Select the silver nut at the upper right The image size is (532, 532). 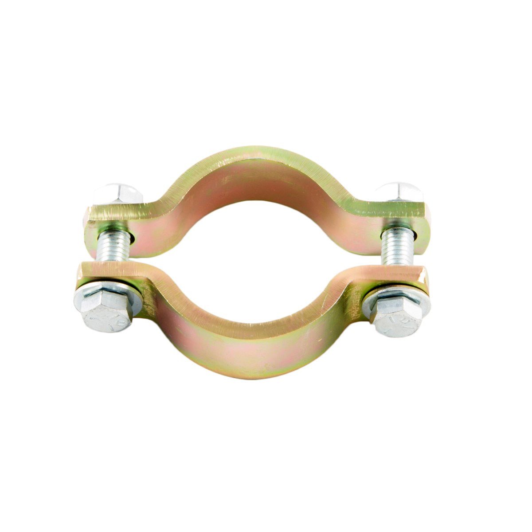399,192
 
